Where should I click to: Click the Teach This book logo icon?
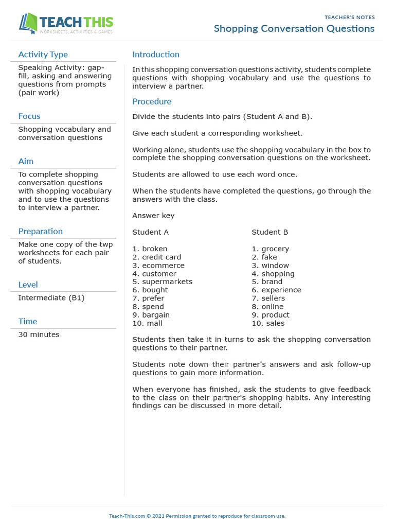[28, 24]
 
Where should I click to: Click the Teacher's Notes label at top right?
[350, 17]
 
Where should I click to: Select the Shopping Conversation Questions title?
[294, 29]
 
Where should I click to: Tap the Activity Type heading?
[43, 55]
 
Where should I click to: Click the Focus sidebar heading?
[29, 116]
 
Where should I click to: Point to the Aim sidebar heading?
[26, 161]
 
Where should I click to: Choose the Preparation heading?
[40, 231]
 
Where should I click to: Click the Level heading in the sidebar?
[28, 285]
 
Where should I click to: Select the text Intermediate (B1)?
[51, 298]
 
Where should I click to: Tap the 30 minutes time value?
[39, 335]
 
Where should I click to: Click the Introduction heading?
[156, 55]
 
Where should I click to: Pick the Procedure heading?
[152, 101]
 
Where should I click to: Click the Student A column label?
[150, 232]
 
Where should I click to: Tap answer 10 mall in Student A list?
[147, 323]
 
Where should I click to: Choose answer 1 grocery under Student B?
[271, 249]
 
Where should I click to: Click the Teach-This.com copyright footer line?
[197, 516]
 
